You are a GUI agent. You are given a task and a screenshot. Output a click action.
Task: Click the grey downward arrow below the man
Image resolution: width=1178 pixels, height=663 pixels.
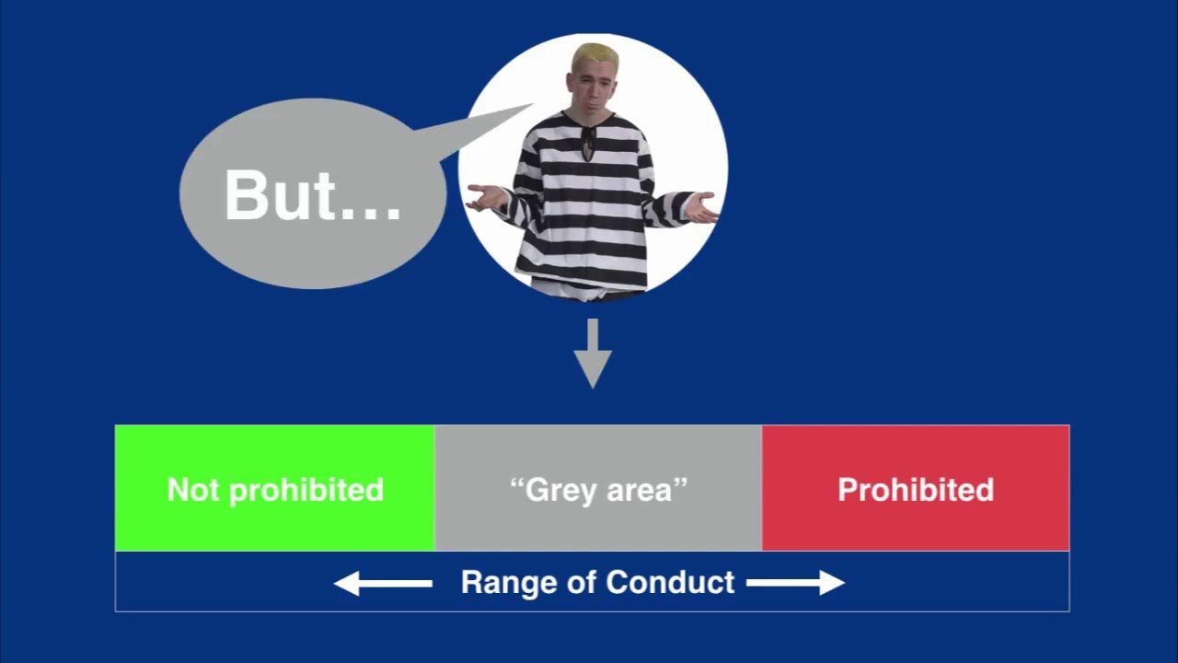tap(593, 355)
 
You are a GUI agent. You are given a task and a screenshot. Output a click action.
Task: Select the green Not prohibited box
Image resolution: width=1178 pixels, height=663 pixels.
tap(274, 488)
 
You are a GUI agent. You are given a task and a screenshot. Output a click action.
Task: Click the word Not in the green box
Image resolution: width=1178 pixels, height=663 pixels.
tap(193, 490)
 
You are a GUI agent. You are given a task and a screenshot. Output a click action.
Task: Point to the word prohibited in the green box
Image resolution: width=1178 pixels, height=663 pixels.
tap(306, 490)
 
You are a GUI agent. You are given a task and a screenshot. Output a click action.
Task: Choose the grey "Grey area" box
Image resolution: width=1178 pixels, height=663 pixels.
tap(598, 488)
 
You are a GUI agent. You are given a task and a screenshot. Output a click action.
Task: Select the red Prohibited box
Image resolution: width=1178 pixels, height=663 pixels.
tap(916, 488)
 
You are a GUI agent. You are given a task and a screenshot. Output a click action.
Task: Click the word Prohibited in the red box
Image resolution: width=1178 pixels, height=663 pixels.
tap(916, 490)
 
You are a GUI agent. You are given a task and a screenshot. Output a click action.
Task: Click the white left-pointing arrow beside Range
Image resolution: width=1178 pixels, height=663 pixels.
tap(382, 583)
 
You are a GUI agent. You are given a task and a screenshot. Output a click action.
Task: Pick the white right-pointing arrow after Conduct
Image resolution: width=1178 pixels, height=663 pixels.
tap(795, 583)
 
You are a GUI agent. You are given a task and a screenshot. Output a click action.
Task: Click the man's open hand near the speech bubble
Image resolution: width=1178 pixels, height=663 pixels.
tap(486, 196)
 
